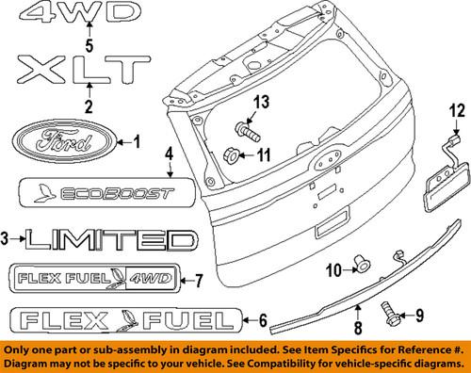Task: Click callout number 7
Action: click(198, 279)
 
